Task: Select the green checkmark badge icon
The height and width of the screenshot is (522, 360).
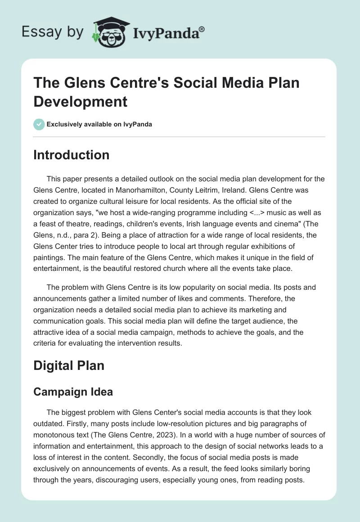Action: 39,124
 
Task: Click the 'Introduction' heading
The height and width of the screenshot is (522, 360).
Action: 72,155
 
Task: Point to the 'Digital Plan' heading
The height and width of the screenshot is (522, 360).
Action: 69,365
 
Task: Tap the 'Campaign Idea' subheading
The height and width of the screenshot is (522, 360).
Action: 73,392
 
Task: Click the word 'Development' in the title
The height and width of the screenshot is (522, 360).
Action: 81,101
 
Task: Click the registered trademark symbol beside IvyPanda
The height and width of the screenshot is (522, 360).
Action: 202,28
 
